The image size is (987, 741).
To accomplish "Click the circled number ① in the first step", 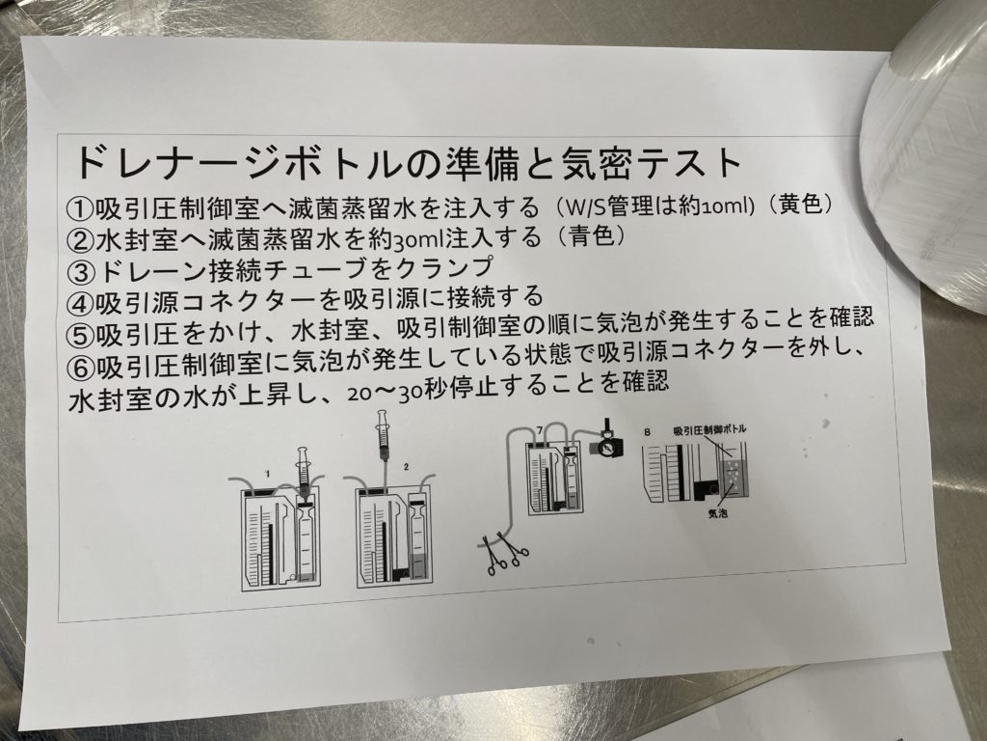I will point(80,208).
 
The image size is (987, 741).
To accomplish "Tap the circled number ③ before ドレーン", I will point(80,267).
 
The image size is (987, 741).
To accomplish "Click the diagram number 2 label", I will point(407,466).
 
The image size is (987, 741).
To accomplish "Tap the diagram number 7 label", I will point(540,428).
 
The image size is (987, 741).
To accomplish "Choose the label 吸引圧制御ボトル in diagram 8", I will point(708,426).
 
